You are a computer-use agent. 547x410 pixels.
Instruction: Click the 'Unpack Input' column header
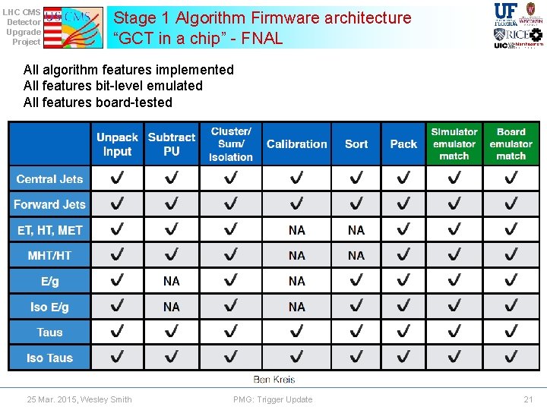[117, 144]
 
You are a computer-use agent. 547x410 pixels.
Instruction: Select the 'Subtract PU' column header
[172, 144]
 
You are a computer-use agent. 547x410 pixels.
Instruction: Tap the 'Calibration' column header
[297, 144]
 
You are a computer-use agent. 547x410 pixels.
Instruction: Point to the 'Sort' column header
[356, 144]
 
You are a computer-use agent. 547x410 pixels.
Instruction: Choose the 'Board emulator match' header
[511, 143]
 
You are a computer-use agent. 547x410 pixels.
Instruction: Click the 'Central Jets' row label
[50, 179]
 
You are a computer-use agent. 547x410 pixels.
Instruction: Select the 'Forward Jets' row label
[50, 204]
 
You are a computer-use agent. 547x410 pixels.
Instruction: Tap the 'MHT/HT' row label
[50, 256]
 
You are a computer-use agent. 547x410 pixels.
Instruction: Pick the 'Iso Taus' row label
[50, 358]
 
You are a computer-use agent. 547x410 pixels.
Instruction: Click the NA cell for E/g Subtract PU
[172, 281]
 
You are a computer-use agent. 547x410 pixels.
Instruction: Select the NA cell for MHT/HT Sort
[356, 256]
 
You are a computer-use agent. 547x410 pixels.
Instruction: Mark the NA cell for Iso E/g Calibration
[297, 307]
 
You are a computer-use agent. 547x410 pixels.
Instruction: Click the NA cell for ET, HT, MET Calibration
[297, 230]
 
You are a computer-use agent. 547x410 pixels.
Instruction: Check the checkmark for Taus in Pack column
[403, 332]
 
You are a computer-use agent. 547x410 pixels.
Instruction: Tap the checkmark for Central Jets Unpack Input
[117, 179]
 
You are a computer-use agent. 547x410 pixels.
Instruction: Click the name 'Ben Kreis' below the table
[273, 379]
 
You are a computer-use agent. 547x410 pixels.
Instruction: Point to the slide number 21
[528, 399]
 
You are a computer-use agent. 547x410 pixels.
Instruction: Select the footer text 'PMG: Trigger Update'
[273, 399]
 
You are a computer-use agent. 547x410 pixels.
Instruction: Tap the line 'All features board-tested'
[98, 102]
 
